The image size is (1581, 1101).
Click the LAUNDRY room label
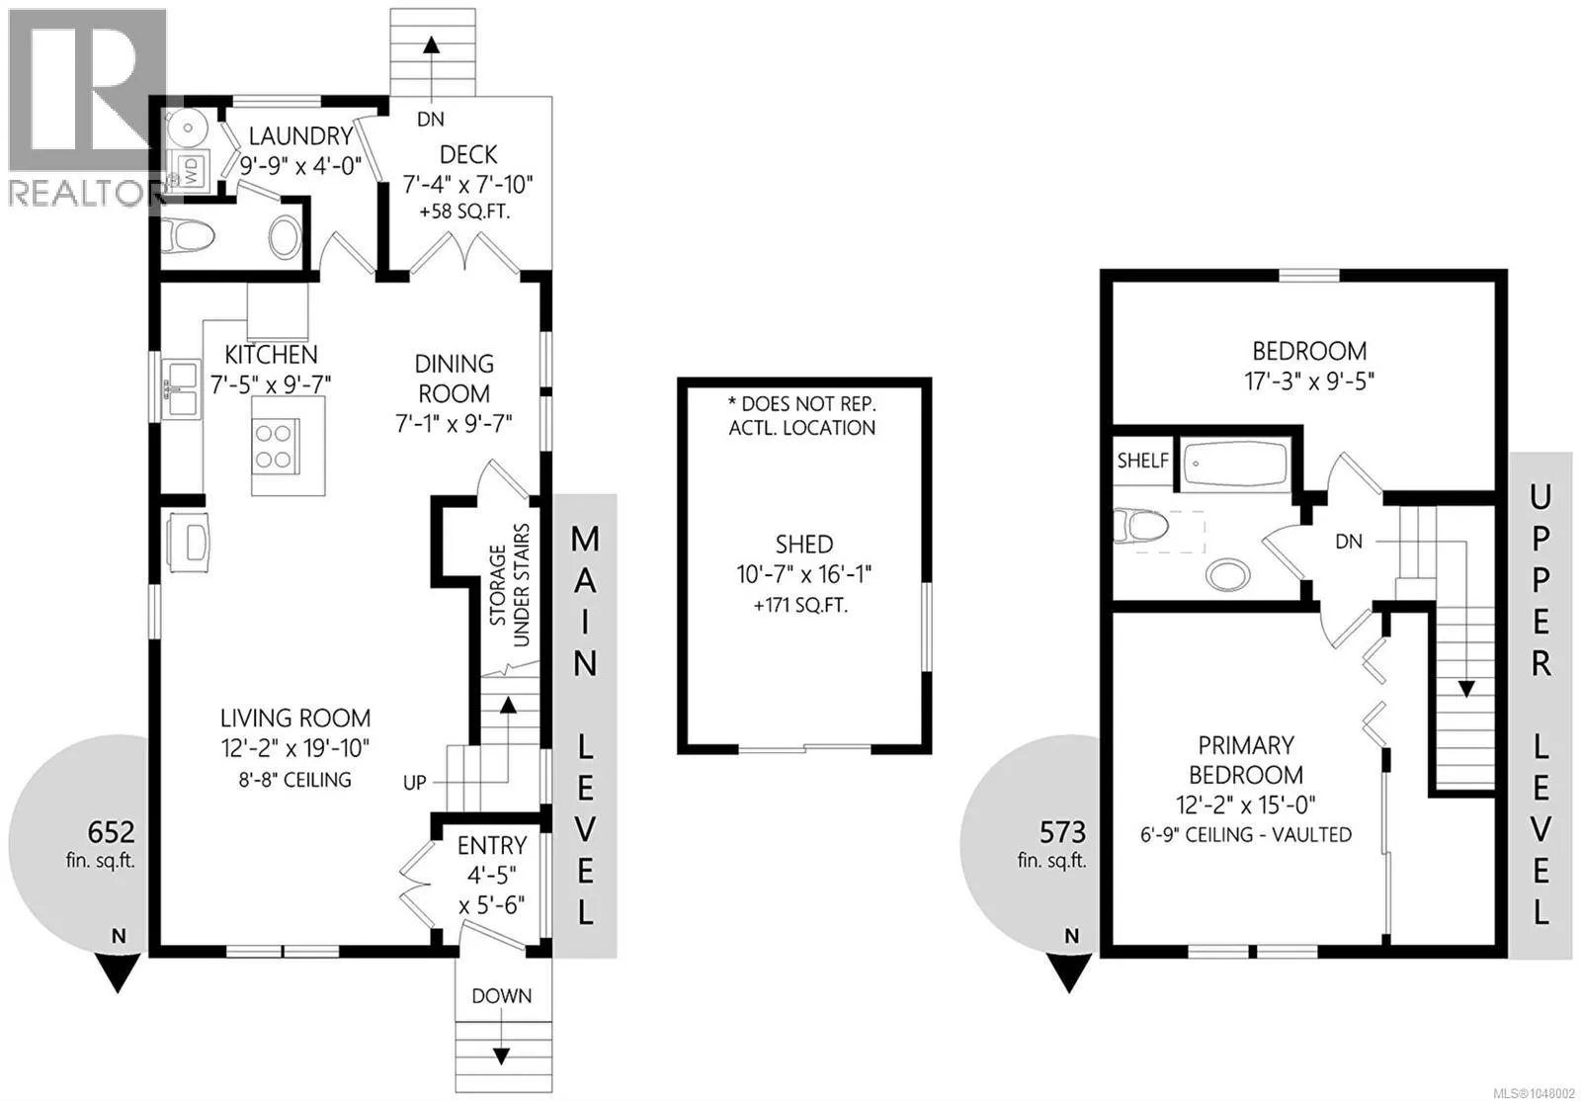[x=300, y=135]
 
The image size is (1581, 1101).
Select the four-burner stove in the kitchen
[x=275, y=444]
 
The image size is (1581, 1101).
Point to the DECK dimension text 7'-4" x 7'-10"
[x=468, y=184]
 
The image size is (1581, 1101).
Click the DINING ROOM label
[x=454, y=379]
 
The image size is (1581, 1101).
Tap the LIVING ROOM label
[x=295, y=718]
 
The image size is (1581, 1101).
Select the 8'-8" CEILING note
[x=295, y=779]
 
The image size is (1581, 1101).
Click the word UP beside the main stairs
[x=414, y=782]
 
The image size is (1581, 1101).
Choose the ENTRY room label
[x=492, y=845]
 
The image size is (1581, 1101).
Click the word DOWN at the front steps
[x=502, y=996]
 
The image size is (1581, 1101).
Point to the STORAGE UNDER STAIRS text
[x=510, y=585]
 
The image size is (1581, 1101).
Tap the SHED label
[x=804, y=545]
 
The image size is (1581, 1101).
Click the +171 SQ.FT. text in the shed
[x=801, y=605]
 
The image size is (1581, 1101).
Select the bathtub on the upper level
[x=1234, y=464]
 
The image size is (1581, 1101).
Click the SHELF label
[x=1142, y=461]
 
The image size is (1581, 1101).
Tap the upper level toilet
[x=1140, y=527]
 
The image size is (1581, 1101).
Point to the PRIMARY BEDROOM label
[x=1246, y=760]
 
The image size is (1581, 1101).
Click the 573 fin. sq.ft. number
[x=1062, y=833]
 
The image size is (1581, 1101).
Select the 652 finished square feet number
[x=111, y=832]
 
